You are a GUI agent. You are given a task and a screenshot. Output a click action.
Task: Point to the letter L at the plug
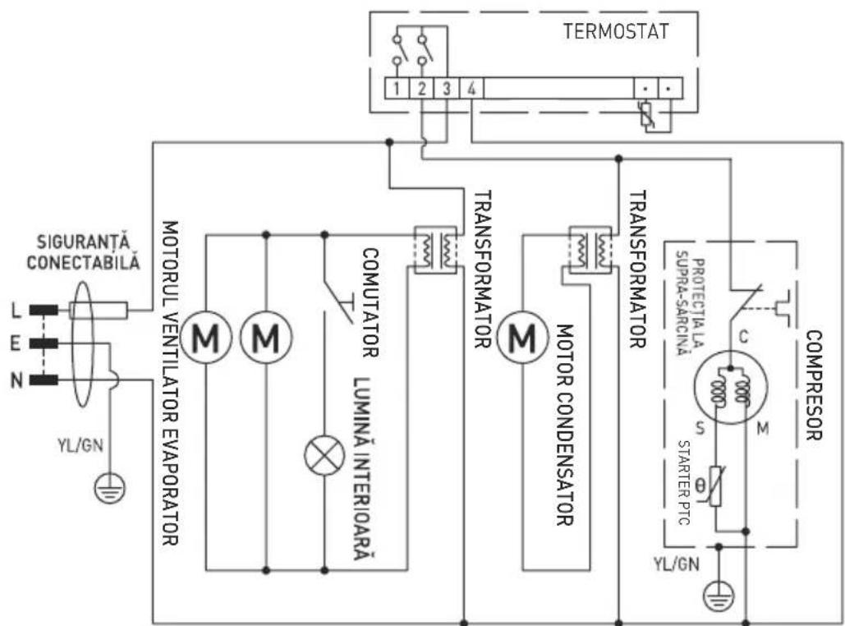point(14,311)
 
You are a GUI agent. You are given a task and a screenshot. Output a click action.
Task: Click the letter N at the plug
point(14,380)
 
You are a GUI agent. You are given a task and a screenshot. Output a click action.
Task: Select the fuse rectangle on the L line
point(98,311)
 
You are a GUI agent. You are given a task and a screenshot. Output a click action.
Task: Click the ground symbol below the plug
point(106,490)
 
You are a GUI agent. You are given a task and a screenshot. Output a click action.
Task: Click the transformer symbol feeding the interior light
point(434,249)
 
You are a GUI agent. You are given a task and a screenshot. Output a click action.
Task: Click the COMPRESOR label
point(814,386)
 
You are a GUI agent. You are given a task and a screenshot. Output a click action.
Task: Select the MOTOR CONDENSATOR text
point(564,424)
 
